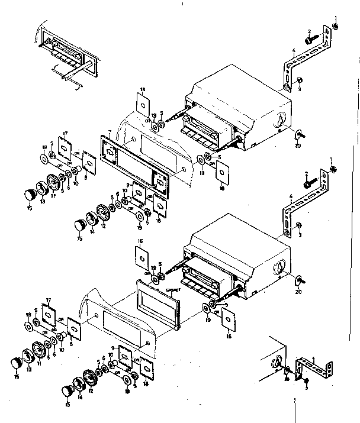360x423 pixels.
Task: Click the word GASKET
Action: [174, 290]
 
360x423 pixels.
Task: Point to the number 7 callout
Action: [109, 131]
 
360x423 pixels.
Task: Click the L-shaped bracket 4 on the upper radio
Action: [290, 72]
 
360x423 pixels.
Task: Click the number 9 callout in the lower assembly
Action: [112, 347]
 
